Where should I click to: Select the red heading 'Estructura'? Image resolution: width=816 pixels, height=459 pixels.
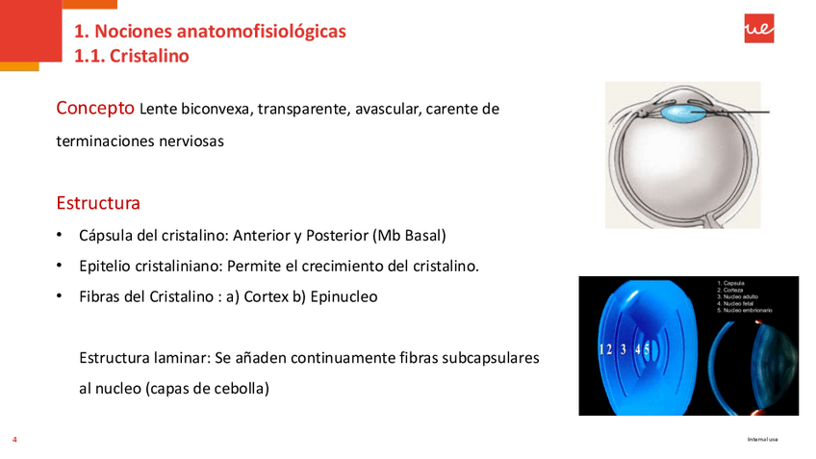(98, 204)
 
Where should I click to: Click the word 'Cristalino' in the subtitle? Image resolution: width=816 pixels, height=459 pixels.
(149, 56)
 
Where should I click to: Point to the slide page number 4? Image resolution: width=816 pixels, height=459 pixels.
(14, 440)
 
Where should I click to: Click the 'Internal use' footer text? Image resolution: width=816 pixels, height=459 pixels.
(762, 440)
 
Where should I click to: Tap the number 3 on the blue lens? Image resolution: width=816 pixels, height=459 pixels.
(623, 349)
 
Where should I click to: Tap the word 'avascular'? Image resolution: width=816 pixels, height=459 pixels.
(388, 110)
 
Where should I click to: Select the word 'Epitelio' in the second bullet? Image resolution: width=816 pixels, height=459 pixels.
(106, 266)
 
